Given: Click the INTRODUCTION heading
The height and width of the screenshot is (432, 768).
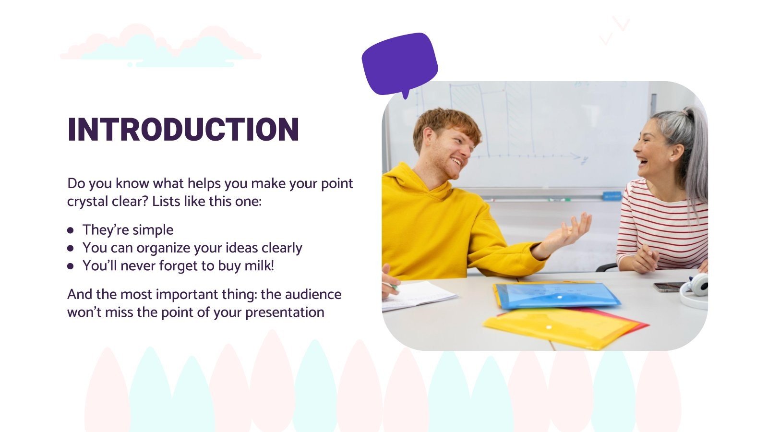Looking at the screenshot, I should coord(183,130).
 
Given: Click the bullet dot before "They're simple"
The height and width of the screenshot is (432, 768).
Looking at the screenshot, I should coord(71,230).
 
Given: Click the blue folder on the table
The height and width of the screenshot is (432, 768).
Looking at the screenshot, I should coord(557,295).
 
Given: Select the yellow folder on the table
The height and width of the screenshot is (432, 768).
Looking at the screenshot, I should coord(562,327).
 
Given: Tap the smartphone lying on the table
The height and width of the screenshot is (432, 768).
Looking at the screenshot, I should coord(668,287).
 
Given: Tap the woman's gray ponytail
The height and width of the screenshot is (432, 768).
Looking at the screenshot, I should coord(694,154).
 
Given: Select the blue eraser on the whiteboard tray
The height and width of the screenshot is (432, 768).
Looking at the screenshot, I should coord(612,195).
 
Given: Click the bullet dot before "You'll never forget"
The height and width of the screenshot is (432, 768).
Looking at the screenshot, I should coord(71,266).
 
